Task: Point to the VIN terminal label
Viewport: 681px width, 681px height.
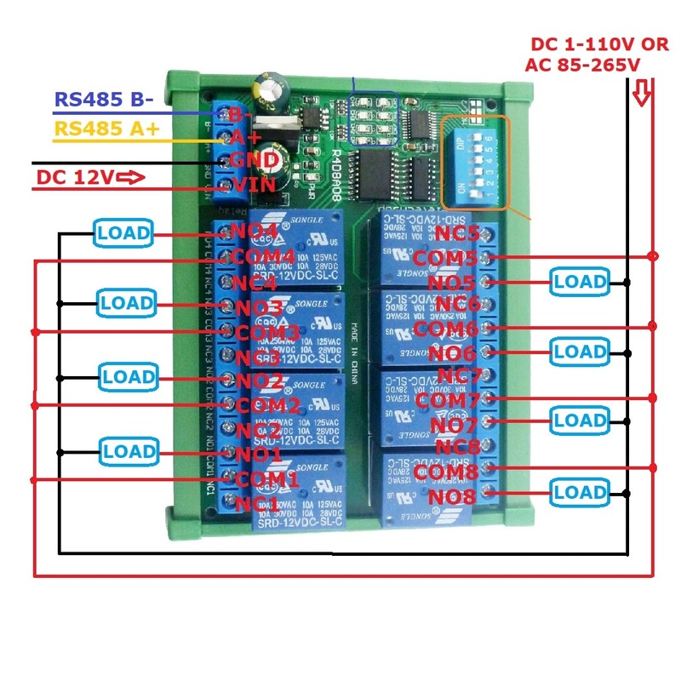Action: click(253, 185)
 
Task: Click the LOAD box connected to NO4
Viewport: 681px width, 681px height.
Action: click(123, 232)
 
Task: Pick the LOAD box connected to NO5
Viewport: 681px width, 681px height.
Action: click(579, 281)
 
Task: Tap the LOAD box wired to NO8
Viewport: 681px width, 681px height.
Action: click(579, 492)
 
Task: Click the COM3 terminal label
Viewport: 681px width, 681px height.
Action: click(266, 332)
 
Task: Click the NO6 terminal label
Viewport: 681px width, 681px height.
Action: click(452, 352)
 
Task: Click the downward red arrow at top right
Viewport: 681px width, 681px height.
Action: click(643, 91)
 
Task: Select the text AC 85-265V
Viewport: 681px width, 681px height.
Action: click(583, 66)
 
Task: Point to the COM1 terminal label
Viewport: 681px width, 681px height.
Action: click(266, 480)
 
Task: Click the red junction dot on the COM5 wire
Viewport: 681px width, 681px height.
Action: click(653, 256)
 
